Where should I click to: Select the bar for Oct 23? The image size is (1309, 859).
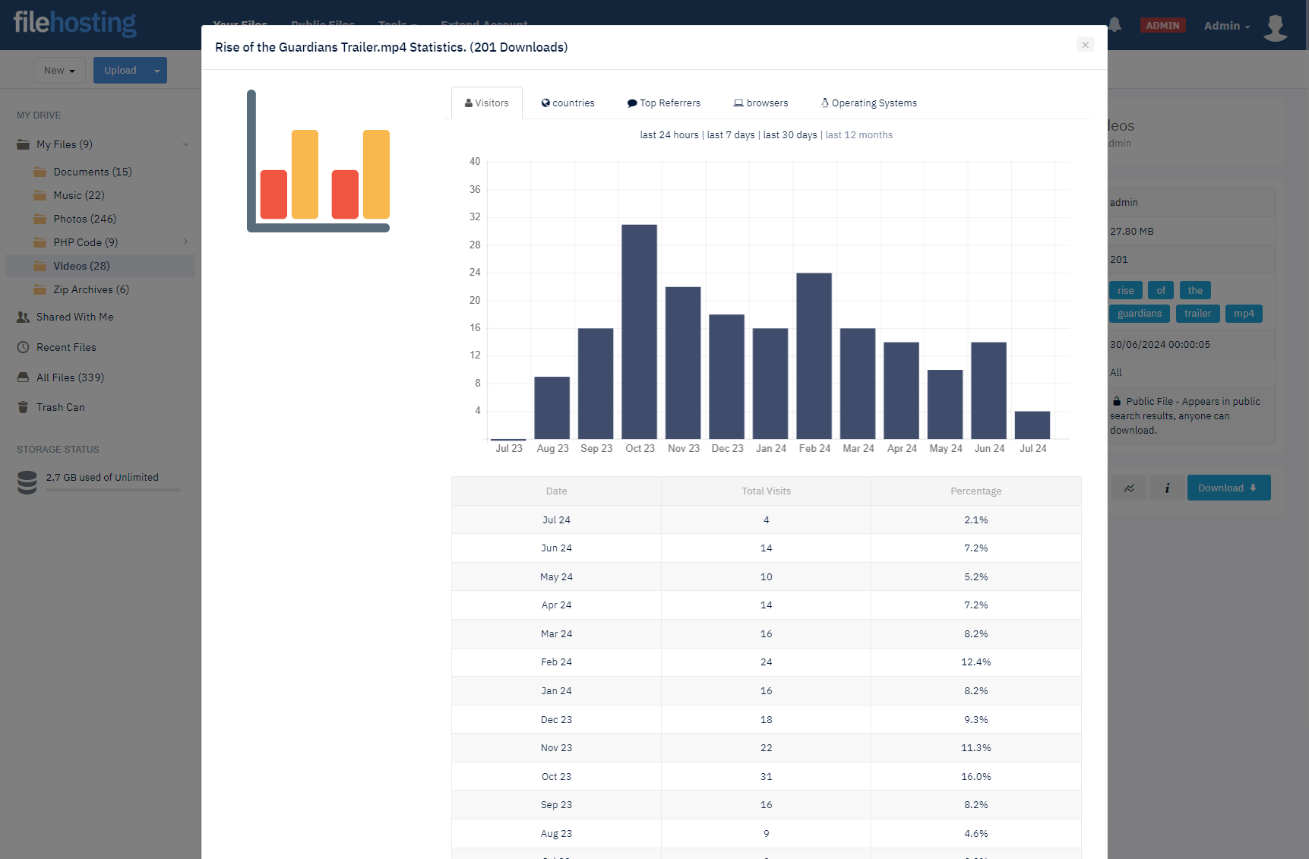[639, 331]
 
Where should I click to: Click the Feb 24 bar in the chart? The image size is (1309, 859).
[814, 355]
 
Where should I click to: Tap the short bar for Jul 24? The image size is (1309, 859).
[1032, 425]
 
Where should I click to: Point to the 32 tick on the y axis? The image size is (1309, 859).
[475, 217]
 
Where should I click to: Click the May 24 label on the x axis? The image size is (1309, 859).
[945, 449]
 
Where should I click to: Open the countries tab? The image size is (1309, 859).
[568, 103]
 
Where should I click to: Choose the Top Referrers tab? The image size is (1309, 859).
[663, 103]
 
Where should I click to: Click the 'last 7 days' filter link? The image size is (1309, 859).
[731, 135]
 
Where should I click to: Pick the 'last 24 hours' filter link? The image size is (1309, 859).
[669, 135]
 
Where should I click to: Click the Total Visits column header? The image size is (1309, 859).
[766, 491]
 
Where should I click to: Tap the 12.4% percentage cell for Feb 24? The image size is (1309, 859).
[975, 662]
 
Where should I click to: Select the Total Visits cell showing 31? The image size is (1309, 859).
[766, 777]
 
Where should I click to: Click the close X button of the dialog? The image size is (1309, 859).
[1085, 45]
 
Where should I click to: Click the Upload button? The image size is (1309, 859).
[120, 71]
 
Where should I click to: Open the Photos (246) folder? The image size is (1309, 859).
[84, 219]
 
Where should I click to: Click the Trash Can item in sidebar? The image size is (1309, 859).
[60, 408]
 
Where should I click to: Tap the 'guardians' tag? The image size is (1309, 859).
[1139, 314]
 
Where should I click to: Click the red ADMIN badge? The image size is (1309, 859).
[1162, 26]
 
